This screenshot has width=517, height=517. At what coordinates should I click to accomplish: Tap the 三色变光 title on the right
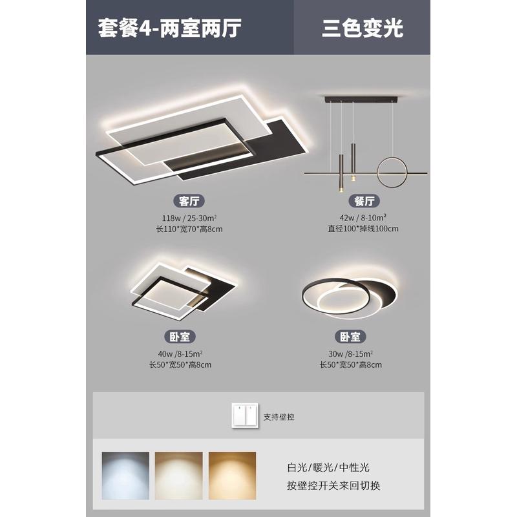[x=362, y=28]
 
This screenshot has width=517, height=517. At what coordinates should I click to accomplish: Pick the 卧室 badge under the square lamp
[x=180, y=337]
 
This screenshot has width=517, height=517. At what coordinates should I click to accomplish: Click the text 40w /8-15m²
[x=180, y=353]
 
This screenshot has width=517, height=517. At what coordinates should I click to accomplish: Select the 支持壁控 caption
[x=279, y=417]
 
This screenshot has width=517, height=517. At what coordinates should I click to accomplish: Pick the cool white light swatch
[x=125, y=474]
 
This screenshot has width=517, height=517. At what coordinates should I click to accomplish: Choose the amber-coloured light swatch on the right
[x=231, y=474]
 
